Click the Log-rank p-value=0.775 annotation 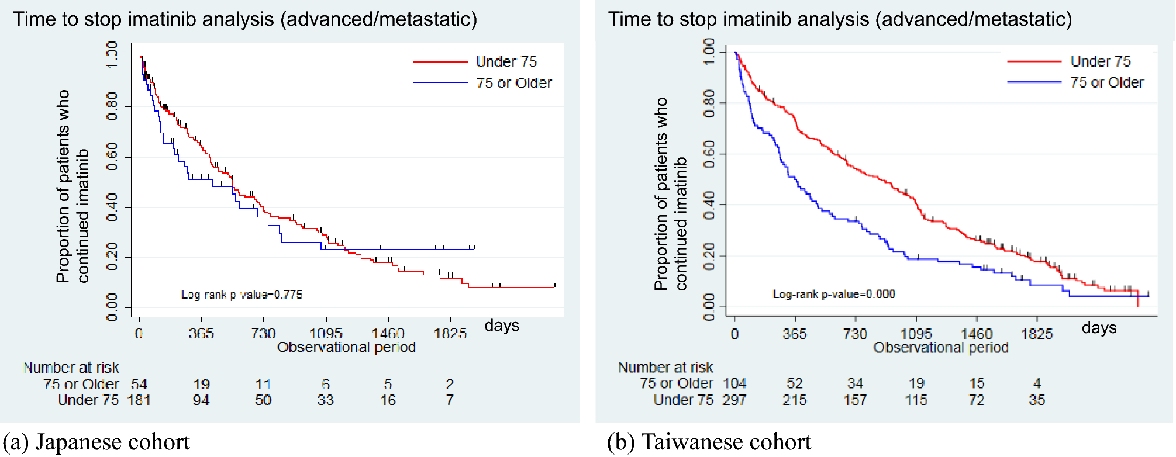242,295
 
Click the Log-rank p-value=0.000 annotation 834,294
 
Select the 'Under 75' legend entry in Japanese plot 506,62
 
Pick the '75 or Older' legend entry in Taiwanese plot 1106,83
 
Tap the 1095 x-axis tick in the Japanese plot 326,333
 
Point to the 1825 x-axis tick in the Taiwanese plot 1037,334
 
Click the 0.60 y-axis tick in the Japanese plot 112,157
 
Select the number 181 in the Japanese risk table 139,400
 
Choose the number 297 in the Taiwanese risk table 734,400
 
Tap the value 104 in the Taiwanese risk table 734,383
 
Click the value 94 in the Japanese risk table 201,400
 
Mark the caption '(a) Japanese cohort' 96,442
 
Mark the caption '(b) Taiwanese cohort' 709,442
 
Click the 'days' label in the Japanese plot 502,326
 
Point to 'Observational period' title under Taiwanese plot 941,348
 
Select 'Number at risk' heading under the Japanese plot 71,368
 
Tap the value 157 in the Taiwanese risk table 855,400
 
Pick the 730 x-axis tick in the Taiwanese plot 855,334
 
